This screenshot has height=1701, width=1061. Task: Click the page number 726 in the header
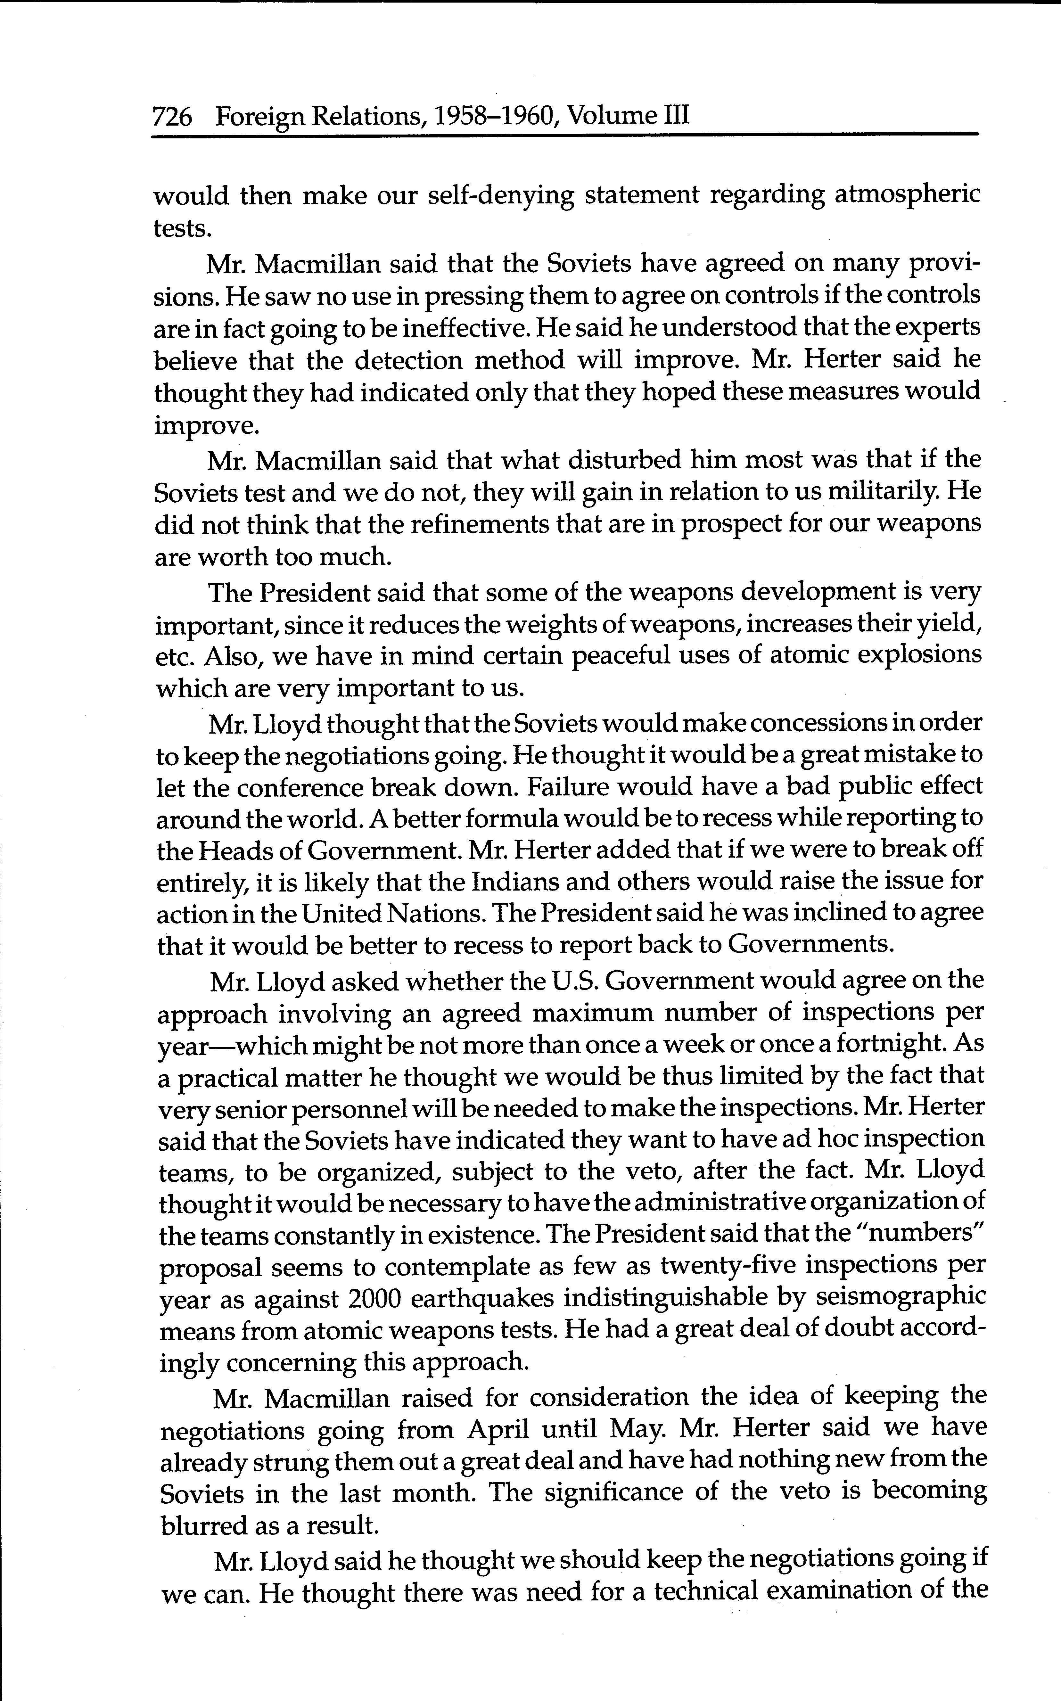[172, 116]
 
